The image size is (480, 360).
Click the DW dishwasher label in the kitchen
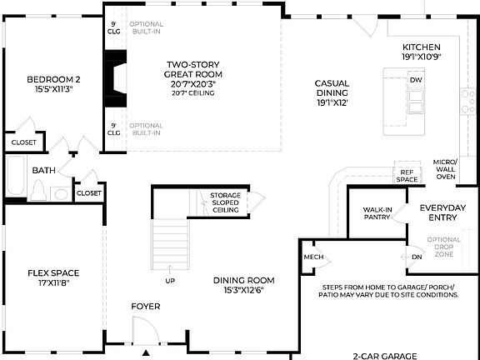coord(415,80)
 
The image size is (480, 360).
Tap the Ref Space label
coord(406,175)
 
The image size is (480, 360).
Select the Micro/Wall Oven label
coord(446,170)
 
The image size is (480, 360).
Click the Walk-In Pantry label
coord(377,213)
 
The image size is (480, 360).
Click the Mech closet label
coord(313,257)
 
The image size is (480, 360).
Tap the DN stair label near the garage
coord(417,257)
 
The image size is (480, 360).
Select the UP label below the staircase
coord(171,281)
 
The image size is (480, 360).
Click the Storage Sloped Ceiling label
coord(224,203)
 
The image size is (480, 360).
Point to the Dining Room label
coord(243,285)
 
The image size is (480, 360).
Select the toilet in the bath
coord(37,191)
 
